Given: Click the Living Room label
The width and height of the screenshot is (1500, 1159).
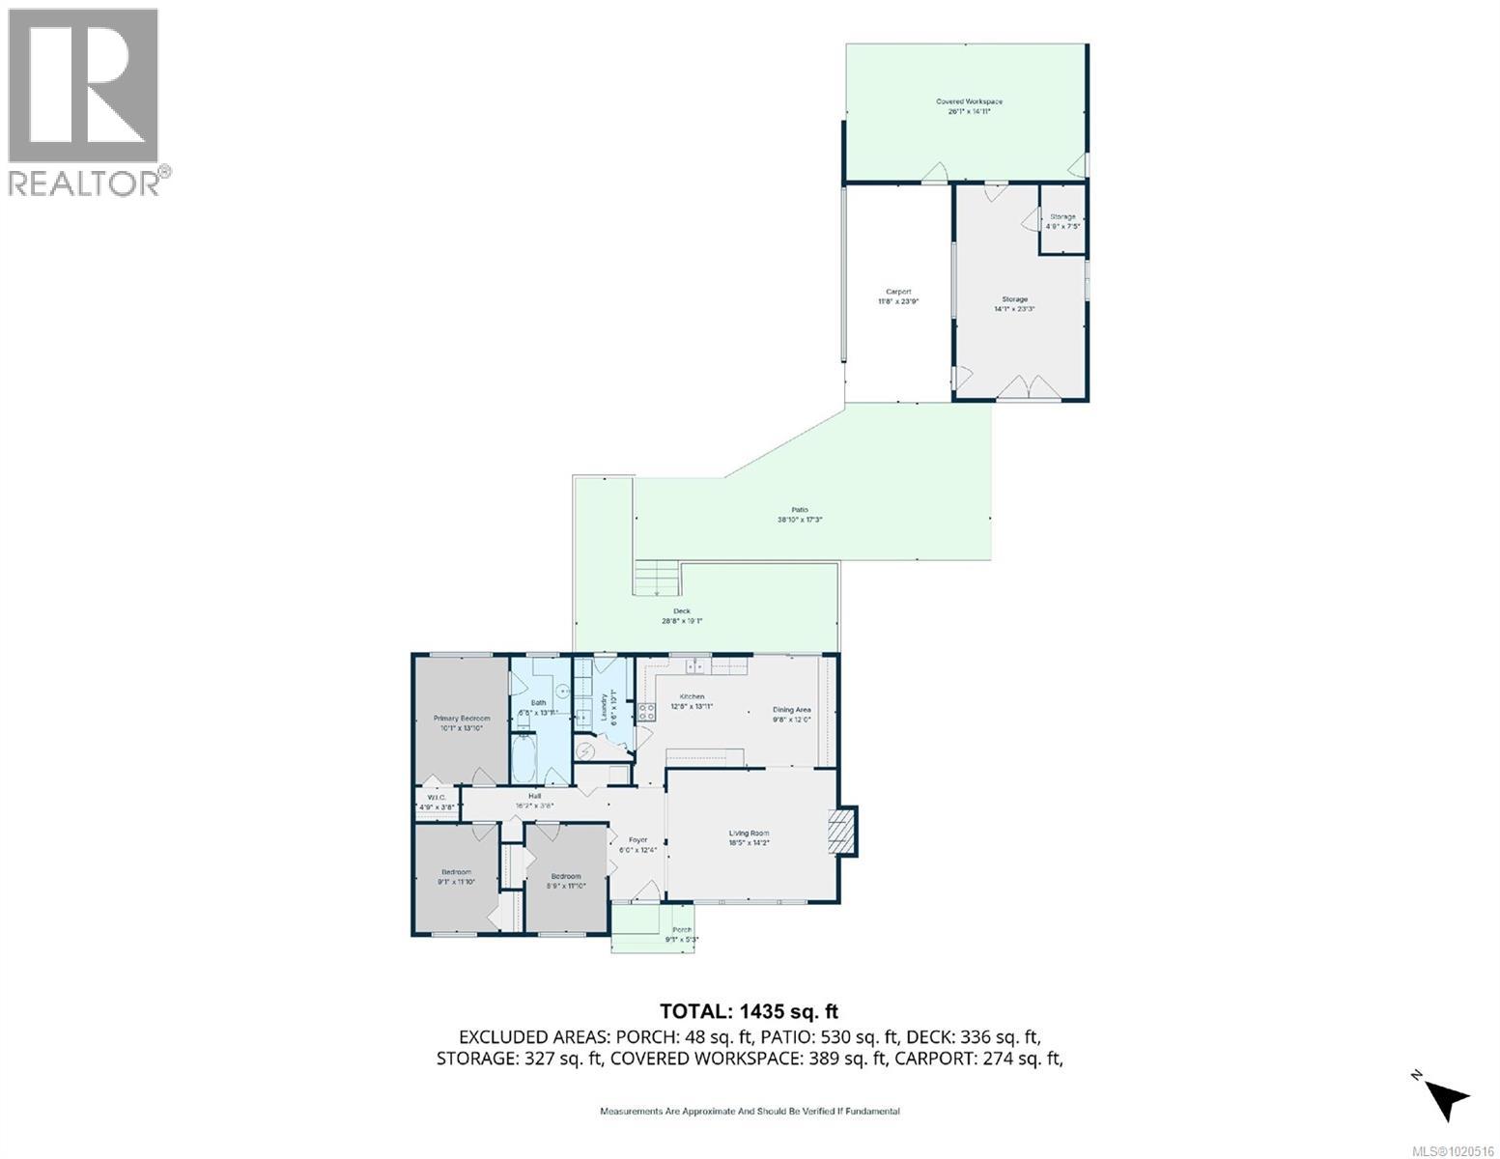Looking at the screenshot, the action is coord(749,834).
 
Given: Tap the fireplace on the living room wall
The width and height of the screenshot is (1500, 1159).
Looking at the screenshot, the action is coord(843,831).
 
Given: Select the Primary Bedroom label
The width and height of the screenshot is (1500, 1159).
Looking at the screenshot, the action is coord(462,719).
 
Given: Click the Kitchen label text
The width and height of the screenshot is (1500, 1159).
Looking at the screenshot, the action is coord(692,696).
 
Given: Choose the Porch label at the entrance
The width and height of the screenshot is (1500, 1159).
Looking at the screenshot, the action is coord(682,930).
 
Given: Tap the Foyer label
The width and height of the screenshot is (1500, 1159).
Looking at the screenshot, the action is coord(637,840).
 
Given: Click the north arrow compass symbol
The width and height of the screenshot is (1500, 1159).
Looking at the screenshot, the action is coord(1445,1096).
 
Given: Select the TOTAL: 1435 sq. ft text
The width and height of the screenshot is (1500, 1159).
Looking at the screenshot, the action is coord(749,1011).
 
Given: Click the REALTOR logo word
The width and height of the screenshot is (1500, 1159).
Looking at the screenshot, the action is coord(85,183).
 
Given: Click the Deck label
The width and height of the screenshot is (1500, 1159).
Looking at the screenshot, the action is coord(682,611).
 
